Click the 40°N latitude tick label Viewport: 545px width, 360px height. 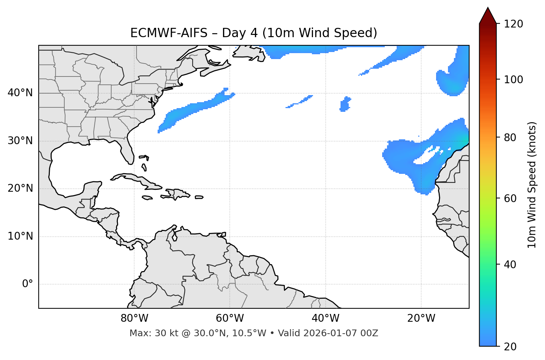click(x=20, y=93)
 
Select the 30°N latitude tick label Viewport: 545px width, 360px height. click(x=20, y=141)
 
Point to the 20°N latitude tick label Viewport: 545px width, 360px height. click(x=20, y=188)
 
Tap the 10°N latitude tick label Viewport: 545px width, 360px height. click(x=20, y=236)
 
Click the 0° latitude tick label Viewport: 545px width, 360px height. click(x=28, y=284)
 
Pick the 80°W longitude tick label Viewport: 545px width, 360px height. click(x=134, y=318)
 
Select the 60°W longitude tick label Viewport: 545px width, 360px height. click(x=230, y=318)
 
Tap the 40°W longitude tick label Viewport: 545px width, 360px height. click(x=325, y=318)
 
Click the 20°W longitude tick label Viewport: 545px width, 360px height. click(x=421, y=318)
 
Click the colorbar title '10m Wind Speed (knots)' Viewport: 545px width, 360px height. click(x=532, y=185)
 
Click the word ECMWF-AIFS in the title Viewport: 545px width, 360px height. click(x=168, y=33)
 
